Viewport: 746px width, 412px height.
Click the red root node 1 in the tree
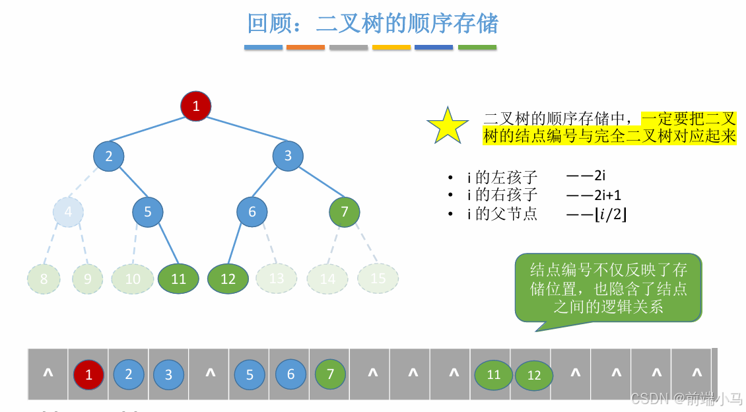click(x=195, y=106)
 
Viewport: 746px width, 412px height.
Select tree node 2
click(x=109, y=156)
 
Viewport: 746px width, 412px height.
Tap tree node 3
click(x=288, y=156)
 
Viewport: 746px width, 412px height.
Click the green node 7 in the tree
click(x=344, y=212)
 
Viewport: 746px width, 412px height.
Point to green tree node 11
click(x=178, y=279)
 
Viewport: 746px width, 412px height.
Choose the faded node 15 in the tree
click(x=378, y=278)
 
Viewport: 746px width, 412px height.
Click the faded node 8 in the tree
click(x=44, y=279)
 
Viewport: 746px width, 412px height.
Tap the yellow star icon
click(x=448, y=125)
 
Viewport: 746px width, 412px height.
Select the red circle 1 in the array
click(x=89, y=374)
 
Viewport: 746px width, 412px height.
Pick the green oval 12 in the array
click(x=534, y=375)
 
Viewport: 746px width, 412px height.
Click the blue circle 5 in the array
click(x=250, y=374)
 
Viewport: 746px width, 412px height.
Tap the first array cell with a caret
click(x=48, y=374)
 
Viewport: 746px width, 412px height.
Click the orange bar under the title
click(x=306, y=48)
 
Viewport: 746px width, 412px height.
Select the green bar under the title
click(x=477, y=48)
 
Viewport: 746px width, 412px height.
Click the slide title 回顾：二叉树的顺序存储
click(x=372, y=24)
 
